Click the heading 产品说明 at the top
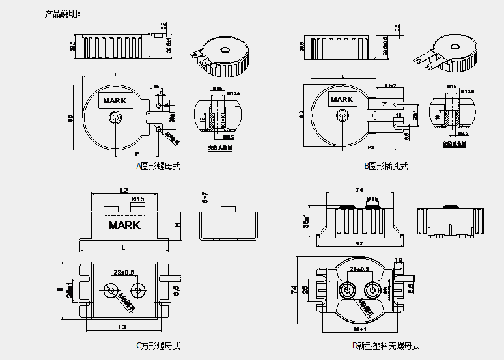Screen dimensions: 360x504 (63, 14)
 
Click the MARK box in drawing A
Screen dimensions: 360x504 (116, 101)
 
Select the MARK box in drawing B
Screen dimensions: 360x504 (341, 100)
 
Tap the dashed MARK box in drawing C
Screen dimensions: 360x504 (124, 225)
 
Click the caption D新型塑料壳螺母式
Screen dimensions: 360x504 (386, 346)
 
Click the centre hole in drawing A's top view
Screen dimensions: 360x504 (116, 118)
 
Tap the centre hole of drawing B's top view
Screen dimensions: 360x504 (341, 116)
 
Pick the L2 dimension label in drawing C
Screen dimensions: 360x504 (123, 190)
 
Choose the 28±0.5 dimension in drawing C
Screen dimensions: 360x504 (124, 271)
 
